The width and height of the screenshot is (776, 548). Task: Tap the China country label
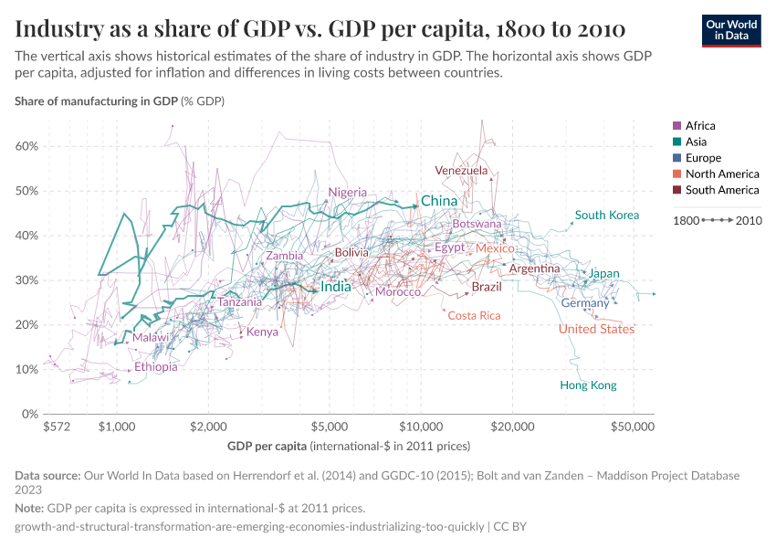[x=438, y=201]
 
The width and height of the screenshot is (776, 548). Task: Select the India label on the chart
[x=336, y=287]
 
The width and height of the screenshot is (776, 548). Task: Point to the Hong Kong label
[x=588, y=385]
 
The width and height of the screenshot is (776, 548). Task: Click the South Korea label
[x=607, y=216]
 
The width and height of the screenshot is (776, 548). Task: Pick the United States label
[x=596, y=329]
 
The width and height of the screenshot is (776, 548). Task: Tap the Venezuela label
[x=461, y=171]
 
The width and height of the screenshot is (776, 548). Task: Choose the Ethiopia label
[x=156, y=367]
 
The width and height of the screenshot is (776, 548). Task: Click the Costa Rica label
[x=474, y=315]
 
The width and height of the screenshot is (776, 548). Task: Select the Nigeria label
[x=348, y=193]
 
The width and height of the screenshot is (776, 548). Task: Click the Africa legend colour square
[x=676, y=126]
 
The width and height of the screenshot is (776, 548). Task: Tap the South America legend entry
[x=722, y=190]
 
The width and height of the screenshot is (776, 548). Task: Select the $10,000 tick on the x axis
[x=421, y=427]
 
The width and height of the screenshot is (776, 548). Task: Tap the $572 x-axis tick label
[x=57, y=427]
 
